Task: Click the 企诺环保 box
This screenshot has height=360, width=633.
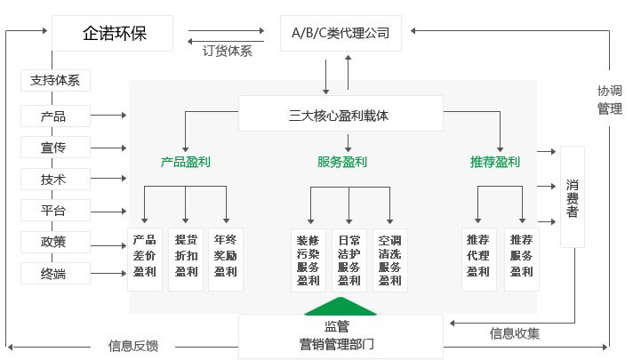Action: pyautogui.click(x=114, y=34)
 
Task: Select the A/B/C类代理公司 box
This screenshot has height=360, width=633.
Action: pyautogui.click(x=341, y=34)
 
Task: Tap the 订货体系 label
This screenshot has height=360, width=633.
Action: pyautogui.click(x=228, y=52)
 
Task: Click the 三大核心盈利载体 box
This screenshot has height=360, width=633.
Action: pyautogui.click(x=340, y=116)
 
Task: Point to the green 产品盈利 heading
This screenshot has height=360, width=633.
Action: pyautogui.click(x=186, y=163)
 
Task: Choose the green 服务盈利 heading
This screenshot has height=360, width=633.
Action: pyautogui.click(x=342, y=163)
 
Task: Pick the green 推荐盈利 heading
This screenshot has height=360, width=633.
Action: pyautogui.click(x=495, y=163)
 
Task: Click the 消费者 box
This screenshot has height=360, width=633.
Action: pyautogui.click(x=573, y=197)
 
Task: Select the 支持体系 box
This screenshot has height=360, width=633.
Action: pyautogui.click(x=55, y=81)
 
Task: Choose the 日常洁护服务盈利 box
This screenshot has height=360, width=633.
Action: pyautogui.click(x=349, y=260)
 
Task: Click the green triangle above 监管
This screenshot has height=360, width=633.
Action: pyautogui.click(x=341, y=305)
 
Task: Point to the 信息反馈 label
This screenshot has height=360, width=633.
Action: pyautogui.click(x=133, y=346)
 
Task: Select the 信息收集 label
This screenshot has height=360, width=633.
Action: pyautogui.click(x=514, y=334)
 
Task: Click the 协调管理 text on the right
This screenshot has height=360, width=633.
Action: pyautogui.click(x=609, y=100)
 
